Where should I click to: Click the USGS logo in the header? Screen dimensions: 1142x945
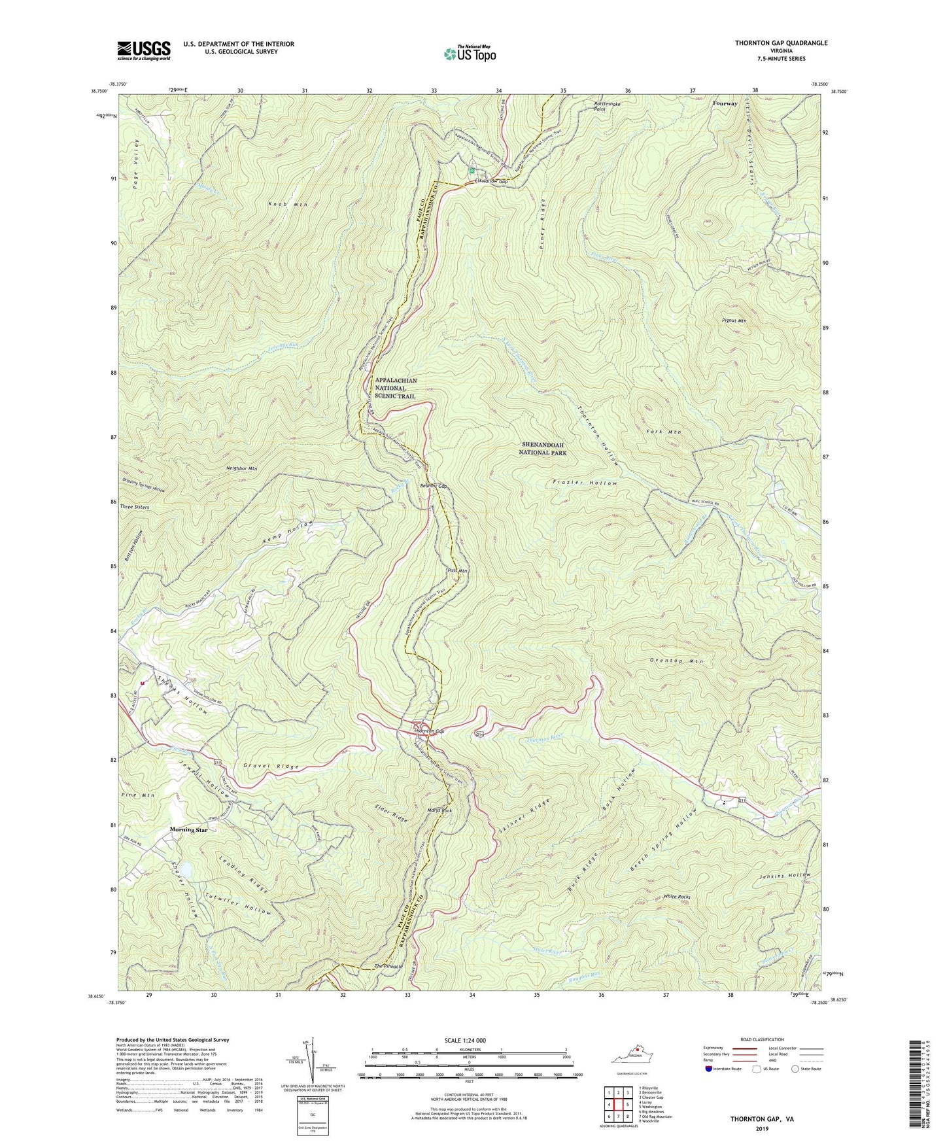[x=144, y=50]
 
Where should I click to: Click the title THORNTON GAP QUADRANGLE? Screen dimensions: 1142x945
[x=781, y=43]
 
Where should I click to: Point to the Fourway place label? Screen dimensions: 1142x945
[x=725, y=103]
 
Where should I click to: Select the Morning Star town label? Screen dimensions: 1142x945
[x=188, y=829]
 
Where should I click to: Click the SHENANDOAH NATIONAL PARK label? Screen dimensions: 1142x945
[x=543, y=448]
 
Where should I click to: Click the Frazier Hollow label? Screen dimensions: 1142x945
[x=585, y=483]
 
